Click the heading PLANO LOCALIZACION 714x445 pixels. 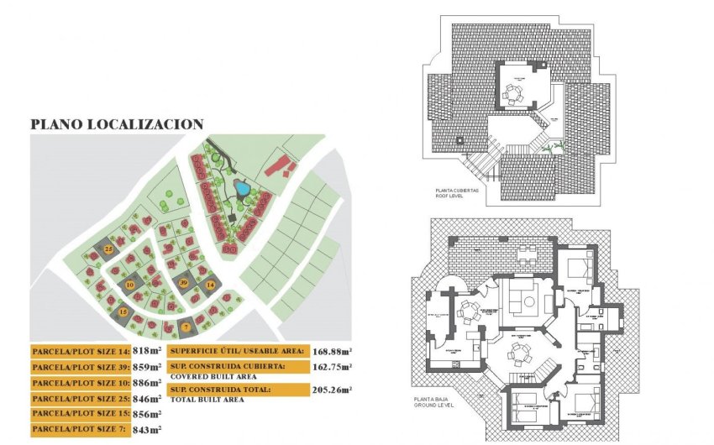[x=117, y=124]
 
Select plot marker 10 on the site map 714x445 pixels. [x=129, y=285]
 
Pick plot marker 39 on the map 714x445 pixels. [x=183, y=283]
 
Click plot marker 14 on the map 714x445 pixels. [x=210, y=285]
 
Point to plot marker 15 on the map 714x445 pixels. [x=123, y=312]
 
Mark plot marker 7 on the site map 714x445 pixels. [x=185, y=327]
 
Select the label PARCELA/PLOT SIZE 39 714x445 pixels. [x=80, y=367]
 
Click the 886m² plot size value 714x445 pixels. [x=148, y=383]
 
